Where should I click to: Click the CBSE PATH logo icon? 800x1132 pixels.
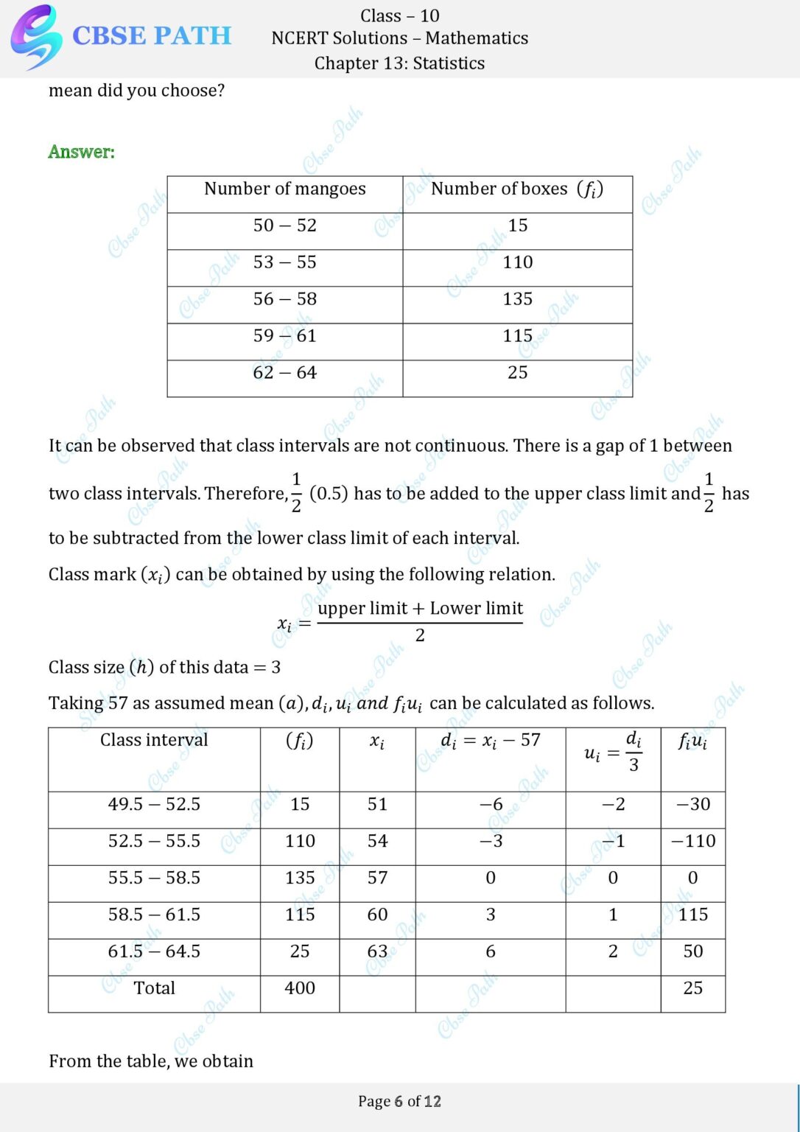tap(35, 37)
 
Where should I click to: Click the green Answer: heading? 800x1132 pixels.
tap(82, 152)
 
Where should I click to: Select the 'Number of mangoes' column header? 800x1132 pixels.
tap(284, 189)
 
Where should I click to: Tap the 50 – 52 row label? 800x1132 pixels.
tap(284, 226)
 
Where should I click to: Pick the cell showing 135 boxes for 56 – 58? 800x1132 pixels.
tap(517, 299)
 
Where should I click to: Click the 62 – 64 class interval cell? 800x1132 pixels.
tap(284, 373)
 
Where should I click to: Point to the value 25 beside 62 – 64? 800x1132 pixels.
tap(517, 373)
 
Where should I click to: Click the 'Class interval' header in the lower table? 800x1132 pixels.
tap(154, 740)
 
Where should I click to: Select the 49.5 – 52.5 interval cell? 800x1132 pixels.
tap(154, 804)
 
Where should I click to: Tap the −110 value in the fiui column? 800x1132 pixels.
tap(693, 841)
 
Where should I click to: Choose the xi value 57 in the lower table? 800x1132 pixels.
tap(377, 878)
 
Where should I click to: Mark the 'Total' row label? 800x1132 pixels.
tap(154, 988)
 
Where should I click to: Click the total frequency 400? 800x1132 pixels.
tap(300, 988)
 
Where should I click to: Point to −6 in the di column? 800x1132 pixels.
tap(491, 804)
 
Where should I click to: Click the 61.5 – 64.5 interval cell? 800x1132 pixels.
tap(154, 951)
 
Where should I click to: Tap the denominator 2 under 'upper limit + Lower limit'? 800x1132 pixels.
tap(420, 635)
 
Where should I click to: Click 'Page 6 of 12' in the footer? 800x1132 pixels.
tap(399, 1101)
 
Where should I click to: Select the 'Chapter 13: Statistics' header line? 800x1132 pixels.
tap(399, 63)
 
